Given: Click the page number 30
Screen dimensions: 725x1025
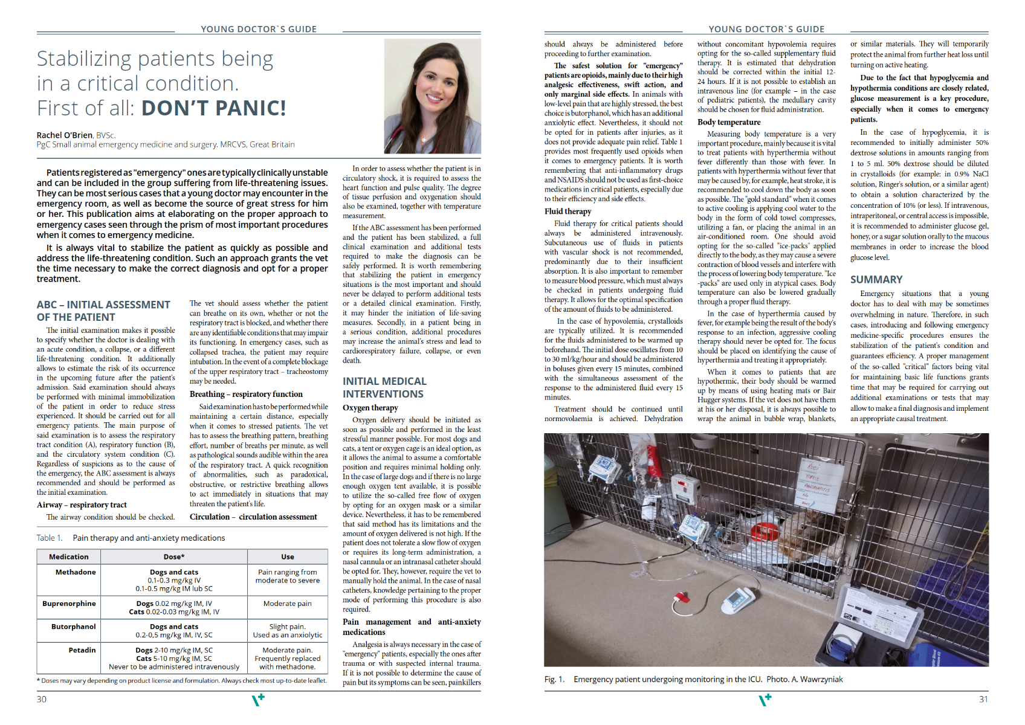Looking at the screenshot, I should [42, 699].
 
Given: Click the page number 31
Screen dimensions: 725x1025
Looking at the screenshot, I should [983, 699].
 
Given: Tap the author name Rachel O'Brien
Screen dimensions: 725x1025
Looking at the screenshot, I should [65, 135].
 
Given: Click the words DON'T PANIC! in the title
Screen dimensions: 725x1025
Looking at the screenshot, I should [213, 108].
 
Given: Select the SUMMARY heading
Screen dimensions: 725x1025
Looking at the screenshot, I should [876, 279].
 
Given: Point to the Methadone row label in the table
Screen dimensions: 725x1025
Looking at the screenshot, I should [76, 572].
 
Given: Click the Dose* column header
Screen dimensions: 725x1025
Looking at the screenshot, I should [174, 557].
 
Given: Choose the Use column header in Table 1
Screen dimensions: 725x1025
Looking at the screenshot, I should [288, 557].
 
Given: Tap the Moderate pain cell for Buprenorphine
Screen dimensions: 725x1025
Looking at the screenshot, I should [288, 604].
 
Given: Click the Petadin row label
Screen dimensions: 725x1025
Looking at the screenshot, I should [82, 650].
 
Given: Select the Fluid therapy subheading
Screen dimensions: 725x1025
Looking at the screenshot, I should [567, 211].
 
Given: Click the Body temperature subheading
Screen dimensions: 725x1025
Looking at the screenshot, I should [729, 122].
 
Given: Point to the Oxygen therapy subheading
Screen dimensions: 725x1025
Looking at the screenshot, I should [370, 408].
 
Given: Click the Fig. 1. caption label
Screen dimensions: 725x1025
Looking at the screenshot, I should [554, 679].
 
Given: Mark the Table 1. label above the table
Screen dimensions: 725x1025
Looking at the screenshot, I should [50, 538].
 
